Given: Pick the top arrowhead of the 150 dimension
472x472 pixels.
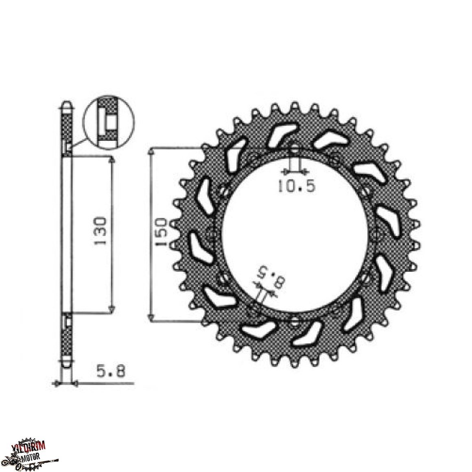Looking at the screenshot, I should coord(152,151).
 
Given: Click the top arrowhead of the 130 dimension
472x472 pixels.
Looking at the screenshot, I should coord(112,161).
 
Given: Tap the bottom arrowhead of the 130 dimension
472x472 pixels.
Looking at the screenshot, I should coord(112,310).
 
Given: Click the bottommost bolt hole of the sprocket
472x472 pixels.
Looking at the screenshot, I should coord(294,322).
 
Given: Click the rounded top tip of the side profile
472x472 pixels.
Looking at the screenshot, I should coord(67,104).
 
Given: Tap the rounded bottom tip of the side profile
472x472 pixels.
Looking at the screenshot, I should coord(67,365).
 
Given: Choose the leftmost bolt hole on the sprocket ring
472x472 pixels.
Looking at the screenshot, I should coord(211,233).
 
